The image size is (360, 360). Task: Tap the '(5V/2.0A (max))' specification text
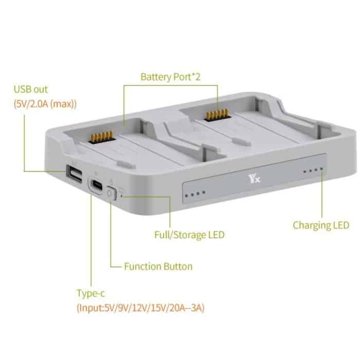point(45,104)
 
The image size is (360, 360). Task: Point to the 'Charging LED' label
point(321,225)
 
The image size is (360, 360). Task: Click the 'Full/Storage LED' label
point(189,235)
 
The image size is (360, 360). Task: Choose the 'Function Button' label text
point(158,266)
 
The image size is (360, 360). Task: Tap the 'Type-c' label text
point(92,294)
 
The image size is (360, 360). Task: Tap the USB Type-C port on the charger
point(96,185)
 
